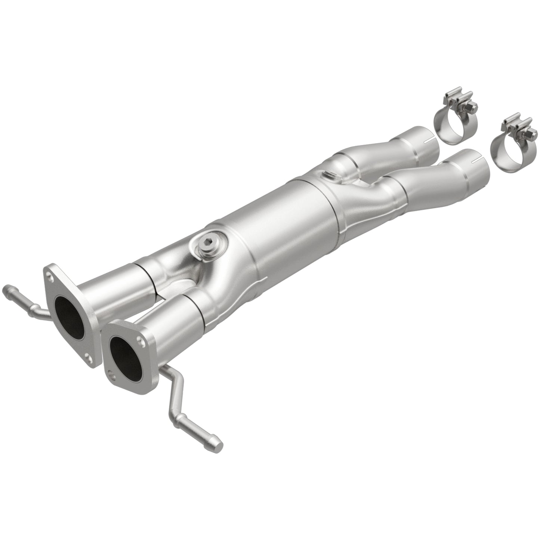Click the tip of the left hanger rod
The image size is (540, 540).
(x=7, y=289)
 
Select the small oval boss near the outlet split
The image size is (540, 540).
(x=330, y=175)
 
